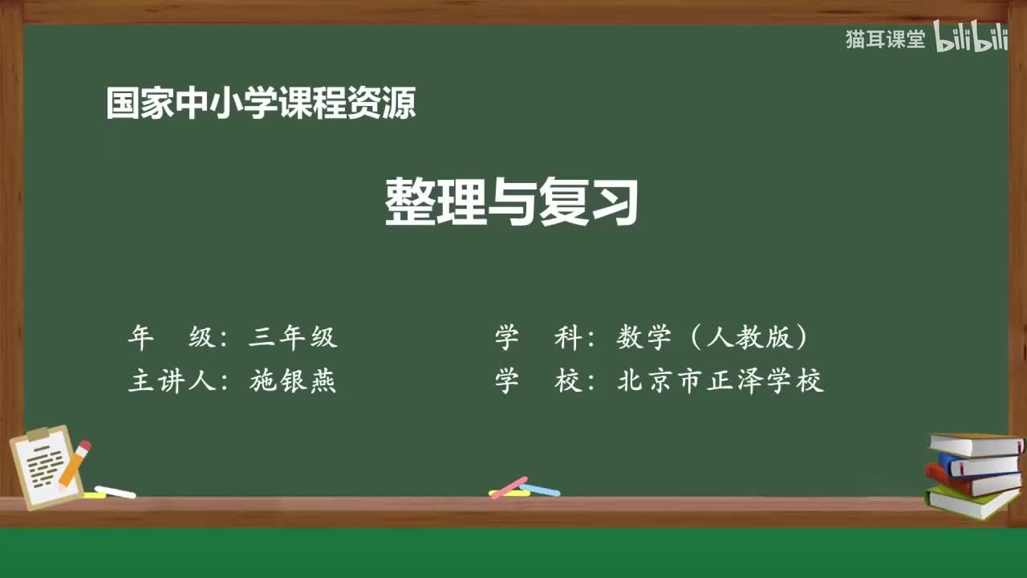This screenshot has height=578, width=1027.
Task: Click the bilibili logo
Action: (970, 38)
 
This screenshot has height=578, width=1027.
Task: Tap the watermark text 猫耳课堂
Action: (885, 39)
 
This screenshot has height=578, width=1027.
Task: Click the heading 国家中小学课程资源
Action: (261, 104)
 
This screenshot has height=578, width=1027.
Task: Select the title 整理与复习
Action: (512, 201)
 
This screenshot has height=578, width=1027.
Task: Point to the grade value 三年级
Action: (293, 338)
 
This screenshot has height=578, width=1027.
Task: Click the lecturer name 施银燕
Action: (293, 381)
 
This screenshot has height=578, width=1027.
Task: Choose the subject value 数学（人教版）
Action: (712, 338)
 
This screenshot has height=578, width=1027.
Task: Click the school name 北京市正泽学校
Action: (720, 381)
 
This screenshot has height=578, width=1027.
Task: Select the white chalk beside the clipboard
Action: (115, 491)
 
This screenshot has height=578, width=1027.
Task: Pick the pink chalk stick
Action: (509, 487)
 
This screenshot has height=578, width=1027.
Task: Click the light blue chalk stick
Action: (540, 489)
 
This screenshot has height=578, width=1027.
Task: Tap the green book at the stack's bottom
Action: (970, 501)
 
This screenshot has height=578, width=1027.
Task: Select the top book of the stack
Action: (976, 444)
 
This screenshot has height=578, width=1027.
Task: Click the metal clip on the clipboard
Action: (38, 434)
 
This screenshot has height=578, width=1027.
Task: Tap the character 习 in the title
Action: (614, 201)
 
